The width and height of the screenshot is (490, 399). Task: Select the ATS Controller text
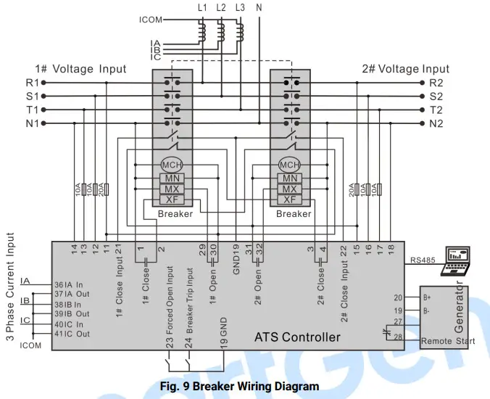pos(297,337)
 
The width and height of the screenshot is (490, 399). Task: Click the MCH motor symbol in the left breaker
pos(172,165)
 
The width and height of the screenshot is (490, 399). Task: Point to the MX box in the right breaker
pos(290,189)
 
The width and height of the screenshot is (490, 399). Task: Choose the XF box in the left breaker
pos(172,199)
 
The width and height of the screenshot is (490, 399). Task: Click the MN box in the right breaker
pos(290,178)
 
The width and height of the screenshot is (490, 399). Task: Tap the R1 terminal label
pos(33,83)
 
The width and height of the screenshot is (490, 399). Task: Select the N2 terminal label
pos(436,124)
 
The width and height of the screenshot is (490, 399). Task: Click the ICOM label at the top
pos(151,20)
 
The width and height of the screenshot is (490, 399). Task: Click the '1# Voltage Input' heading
pos(80,69)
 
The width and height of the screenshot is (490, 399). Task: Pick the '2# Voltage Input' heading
pos(405,69)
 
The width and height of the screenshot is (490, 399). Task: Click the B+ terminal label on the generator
pos(428,297)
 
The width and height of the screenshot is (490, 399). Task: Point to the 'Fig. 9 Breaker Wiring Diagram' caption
pos(239,386)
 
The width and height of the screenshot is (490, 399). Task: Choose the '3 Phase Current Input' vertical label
pos(10,290)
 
